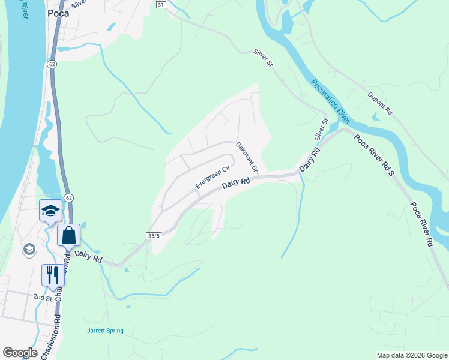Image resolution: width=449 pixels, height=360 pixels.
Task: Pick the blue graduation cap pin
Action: click(50, 211)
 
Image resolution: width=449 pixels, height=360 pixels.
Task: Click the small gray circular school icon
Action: click(29, 249)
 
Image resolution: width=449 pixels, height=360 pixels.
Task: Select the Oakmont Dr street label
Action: click(246, 157)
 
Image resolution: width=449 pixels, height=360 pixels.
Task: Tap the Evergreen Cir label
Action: click(213, 178)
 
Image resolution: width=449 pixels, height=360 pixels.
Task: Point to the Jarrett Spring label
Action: click(104, 331)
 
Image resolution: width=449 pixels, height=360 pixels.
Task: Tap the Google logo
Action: click(20, 353)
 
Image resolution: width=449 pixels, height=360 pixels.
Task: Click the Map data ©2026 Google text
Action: click(411, 355)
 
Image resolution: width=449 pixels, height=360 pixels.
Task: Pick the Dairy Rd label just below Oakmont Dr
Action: click(236, 184)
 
